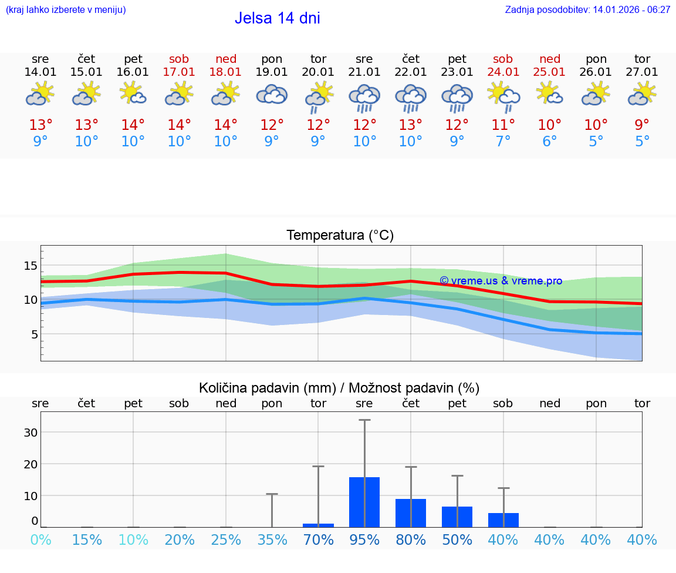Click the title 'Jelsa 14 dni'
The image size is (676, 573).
click(x=277, y=18)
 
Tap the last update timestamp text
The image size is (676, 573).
click(x=587, y=10)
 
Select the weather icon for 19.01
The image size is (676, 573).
click(x=272, y=95)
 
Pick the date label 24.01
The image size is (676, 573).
click(x=503, y=72)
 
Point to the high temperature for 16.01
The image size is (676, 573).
click(x=133, y=125)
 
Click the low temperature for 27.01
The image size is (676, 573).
click(x=642, y=142)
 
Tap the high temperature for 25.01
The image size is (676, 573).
click(x=549, y=125)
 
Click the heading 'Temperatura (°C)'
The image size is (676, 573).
click(x=340, y=236)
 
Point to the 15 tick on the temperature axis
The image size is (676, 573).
click(x=31, y=266)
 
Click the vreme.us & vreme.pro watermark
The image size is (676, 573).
click(x=501, y=281)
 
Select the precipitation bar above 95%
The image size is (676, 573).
click(x=364, y=502)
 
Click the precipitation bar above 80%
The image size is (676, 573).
click(x=411, y=512)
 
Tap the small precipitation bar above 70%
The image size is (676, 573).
click(x=318, y=525)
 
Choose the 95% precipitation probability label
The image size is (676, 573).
click(x=364, y=540)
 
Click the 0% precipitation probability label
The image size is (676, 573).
click(x=40, y=540)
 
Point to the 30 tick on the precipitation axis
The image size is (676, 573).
click(x=31, y=432)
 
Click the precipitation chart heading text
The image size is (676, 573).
click(x=339, y=388)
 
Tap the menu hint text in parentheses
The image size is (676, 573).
click(x=66, y=10)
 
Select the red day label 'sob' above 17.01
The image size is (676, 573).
click(x=179, y=59)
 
